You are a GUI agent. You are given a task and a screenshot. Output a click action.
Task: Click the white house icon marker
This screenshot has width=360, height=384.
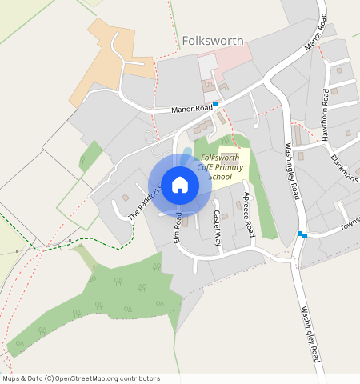point(180,185)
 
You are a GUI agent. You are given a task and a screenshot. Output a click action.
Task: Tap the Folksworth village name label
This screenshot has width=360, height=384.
point(213,40)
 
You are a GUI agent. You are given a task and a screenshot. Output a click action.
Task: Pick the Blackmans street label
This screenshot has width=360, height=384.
point(346,166)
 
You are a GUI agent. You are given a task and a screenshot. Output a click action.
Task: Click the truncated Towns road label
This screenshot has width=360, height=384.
point(350,221)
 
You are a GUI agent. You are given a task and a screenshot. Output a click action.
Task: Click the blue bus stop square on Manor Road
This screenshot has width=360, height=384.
point(214,104)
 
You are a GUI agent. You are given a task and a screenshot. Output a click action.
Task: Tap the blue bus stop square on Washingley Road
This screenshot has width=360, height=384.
point(301,234)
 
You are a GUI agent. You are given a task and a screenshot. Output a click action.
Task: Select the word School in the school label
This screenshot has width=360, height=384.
point(219,176)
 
